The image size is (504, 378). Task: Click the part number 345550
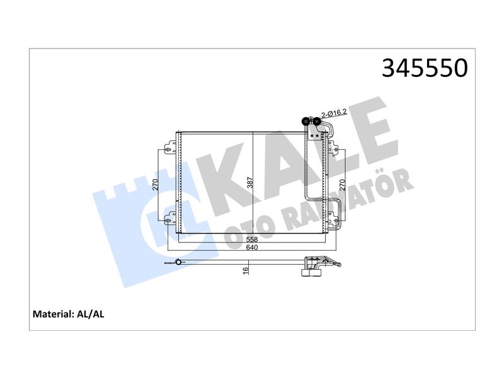tap(425, 68)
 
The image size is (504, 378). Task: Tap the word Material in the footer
tap(54, 314)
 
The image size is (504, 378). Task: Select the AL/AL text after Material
tap(91, 314)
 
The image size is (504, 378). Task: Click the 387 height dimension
tap(250, 183)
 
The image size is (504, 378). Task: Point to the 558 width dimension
tap(252, 239)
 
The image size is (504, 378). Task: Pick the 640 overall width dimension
tap(252, 248)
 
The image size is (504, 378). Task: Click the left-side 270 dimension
tap(156, 185)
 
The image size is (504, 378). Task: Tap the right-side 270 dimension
tap(342, 185)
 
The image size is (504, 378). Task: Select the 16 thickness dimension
tap(246, 271)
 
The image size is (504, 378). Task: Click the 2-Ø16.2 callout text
tap(335, 113)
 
